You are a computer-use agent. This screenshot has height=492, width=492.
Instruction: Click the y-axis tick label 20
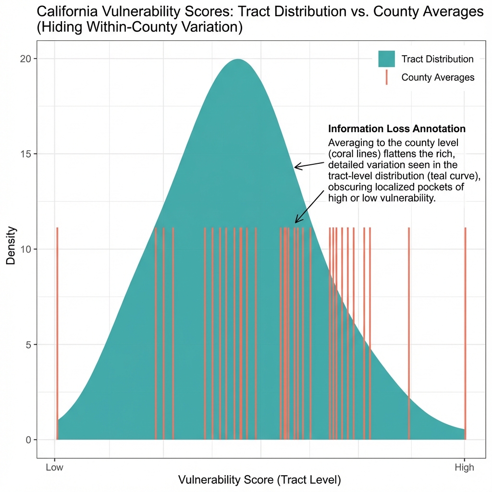click(x=25, y=59)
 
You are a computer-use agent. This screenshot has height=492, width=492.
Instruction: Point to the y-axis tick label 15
click(x=25, y=154)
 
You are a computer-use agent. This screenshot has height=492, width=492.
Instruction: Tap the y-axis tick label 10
click(x=25, y=249)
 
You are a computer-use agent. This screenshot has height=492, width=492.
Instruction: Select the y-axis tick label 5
click(x=28, y=344)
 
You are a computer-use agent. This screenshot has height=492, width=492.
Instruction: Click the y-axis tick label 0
click(x=28, y=440)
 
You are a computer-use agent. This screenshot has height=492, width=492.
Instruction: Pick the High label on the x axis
click(x=464, y=467)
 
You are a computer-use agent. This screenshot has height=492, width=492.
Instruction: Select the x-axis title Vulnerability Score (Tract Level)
click(x=259, y=480)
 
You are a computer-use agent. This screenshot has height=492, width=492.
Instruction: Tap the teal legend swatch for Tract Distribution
click(x=386, y=59)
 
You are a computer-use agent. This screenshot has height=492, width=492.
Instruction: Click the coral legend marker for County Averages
click(x=386, y=77)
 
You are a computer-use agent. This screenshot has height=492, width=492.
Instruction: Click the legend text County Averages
click(x=438, y=77)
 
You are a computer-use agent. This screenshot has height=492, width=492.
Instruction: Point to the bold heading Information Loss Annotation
click(x=396, y=129)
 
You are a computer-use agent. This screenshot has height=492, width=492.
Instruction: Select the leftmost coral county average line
click(x=57, y=336)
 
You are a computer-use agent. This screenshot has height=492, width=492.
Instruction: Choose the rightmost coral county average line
click(x=465, y=336)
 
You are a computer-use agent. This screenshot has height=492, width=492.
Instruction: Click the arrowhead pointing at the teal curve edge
click(x=296, y=167)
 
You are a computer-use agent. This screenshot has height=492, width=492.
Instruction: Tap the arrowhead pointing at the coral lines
click(x=296, y=221)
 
